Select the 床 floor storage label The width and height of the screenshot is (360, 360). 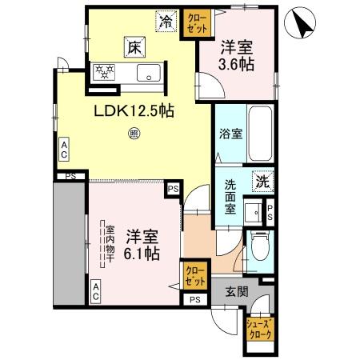(x=133, y=48)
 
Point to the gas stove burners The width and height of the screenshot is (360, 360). (x=106, y=74)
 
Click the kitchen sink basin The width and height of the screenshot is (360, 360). (x=150, y=74)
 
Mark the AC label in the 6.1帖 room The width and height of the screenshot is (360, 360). (x=95, y=290)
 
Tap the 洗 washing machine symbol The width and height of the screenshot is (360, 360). (x=262, y=182)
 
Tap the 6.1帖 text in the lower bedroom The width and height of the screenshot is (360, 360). (x=142, y=254)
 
